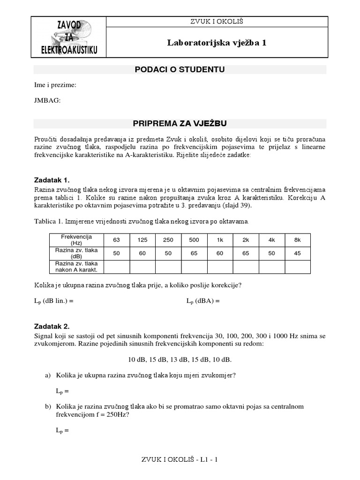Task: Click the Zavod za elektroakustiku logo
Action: [x=69, y=37]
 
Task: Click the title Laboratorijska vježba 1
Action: [x=217, y=43]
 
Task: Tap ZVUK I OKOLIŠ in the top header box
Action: [x=217, y=22]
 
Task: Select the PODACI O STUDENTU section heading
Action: [x=180, y=70]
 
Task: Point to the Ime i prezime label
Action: [x=55, y=85]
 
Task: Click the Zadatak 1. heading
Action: [x=52, y=180]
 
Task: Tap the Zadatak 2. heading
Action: [x=52, y=326]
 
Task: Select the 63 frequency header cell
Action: [x=116, y=240]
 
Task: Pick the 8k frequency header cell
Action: [x=297, y=240]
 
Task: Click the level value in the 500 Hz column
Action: [x=194, y=253]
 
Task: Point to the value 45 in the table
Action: [x=297, y=253]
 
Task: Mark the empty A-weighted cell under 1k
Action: [x=219, y=266]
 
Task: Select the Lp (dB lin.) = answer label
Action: [x=54, y=301]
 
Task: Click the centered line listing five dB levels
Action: [x=180, y=360]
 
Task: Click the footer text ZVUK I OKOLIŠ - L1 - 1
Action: [x=180, y=460]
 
